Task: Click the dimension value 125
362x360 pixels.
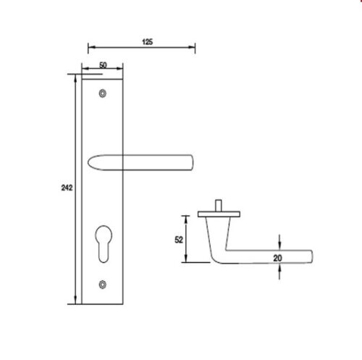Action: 147,43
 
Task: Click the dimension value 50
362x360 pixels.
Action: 103,65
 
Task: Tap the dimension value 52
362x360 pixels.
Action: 178,238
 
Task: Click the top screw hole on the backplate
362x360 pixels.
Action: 103,93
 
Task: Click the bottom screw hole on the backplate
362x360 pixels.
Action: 103,284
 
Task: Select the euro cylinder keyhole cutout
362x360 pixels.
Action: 104,240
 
